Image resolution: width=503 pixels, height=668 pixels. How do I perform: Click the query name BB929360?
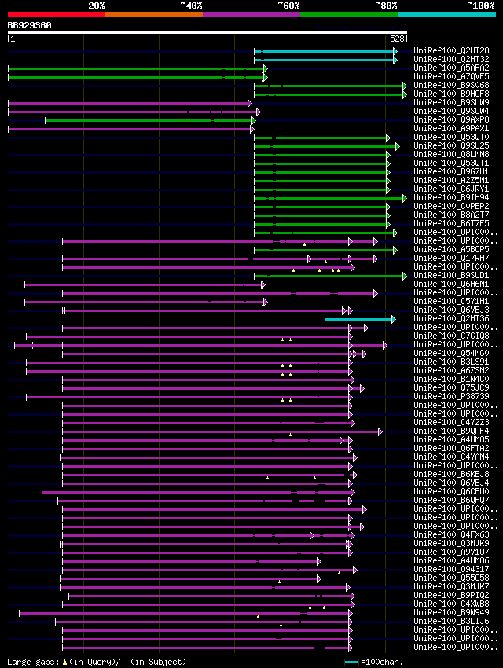[x=30, y=25]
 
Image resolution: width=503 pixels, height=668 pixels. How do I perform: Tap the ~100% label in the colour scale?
[x=480, y=6]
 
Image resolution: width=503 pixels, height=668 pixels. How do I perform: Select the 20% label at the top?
[x=97, y=6]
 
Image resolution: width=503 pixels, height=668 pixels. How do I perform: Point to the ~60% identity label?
[x=288, y=6]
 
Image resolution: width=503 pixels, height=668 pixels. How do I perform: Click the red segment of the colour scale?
[x=56, y=14]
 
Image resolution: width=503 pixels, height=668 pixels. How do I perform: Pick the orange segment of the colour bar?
[x=153, y=14]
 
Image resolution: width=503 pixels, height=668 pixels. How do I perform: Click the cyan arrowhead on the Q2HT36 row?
[x=393, y=319]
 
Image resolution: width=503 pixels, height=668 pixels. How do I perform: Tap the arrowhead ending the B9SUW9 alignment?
[x=250, y=103]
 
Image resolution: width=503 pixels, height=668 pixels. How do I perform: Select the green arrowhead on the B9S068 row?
[x=404, y=86]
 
